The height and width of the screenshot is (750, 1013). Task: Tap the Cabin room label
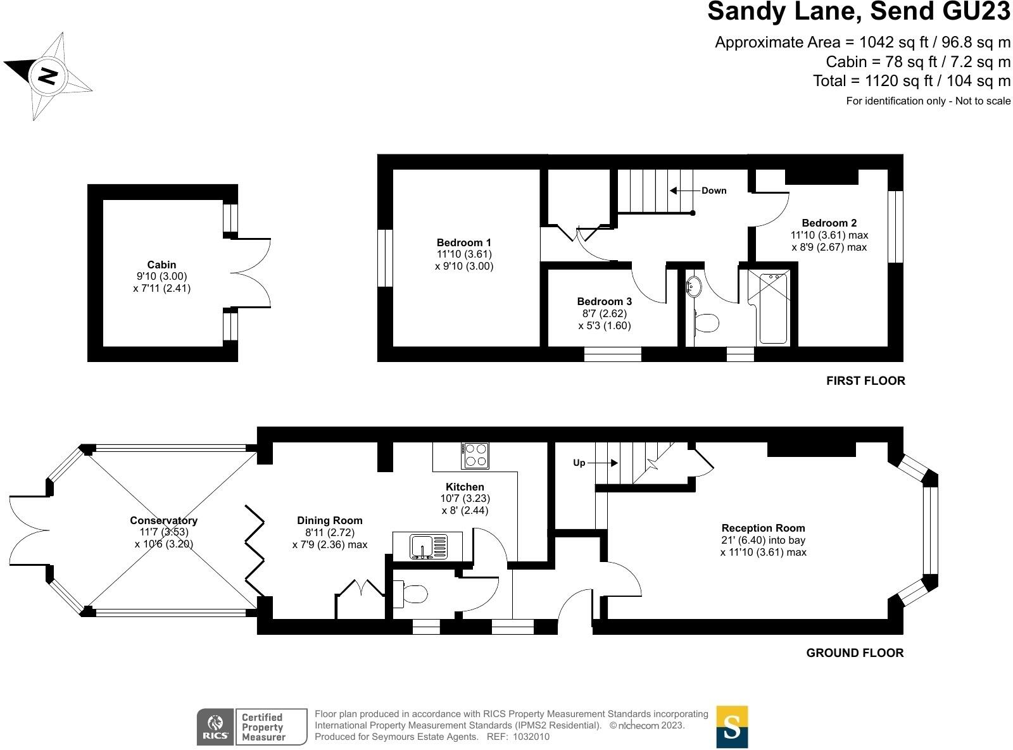coord(161,265)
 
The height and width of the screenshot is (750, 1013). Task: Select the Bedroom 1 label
coord(463,242)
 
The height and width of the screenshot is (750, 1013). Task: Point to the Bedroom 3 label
coord(604,301)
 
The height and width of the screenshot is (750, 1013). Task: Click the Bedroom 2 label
coord(829,223)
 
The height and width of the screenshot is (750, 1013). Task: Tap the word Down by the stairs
coord(714,191)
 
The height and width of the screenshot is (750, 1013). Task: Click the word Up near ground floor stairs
coord(579,463)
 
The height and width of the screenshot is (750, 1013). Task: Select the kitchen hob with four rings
coord(475,455)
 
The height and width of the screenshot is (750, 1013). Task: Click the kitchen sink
coord(429,546)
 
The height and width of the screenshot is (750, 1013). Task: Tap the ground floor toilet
coord(413,594)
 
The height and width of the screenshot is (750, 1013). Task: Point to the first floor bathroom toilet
coord(706,323)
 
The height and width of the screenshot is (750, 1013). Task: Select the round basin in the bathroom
coord(694,287)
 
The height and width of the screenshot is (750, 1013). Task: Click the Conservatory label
coord(163,520)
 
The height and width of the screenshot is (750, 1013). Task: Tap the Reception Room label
coord(763,528)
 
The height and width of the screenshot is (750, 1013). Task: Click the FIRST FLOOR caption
coord(865,380)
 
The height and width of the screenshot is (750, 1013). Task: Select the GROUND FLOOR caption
coord(855,653)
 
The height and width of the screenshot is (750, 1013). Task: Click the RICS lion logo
coord(215,727)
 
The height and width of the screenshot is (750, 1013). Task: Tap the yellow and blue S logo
coord(732,727)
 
